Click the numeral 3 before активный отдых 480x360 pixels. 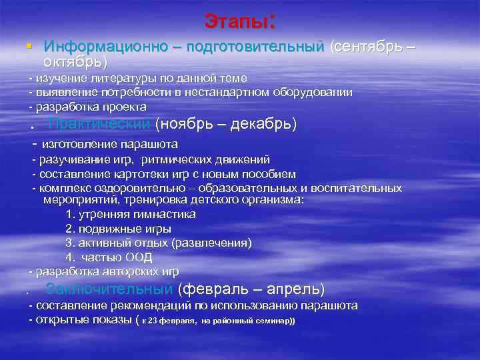click(x=69, y=243)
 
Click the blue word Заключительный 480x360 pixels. click(x=109, y=289)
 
